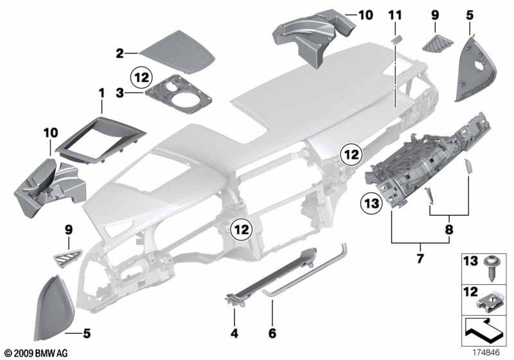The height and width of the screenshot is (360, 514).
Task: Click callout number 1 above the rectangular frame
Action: tap(101, 94)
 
